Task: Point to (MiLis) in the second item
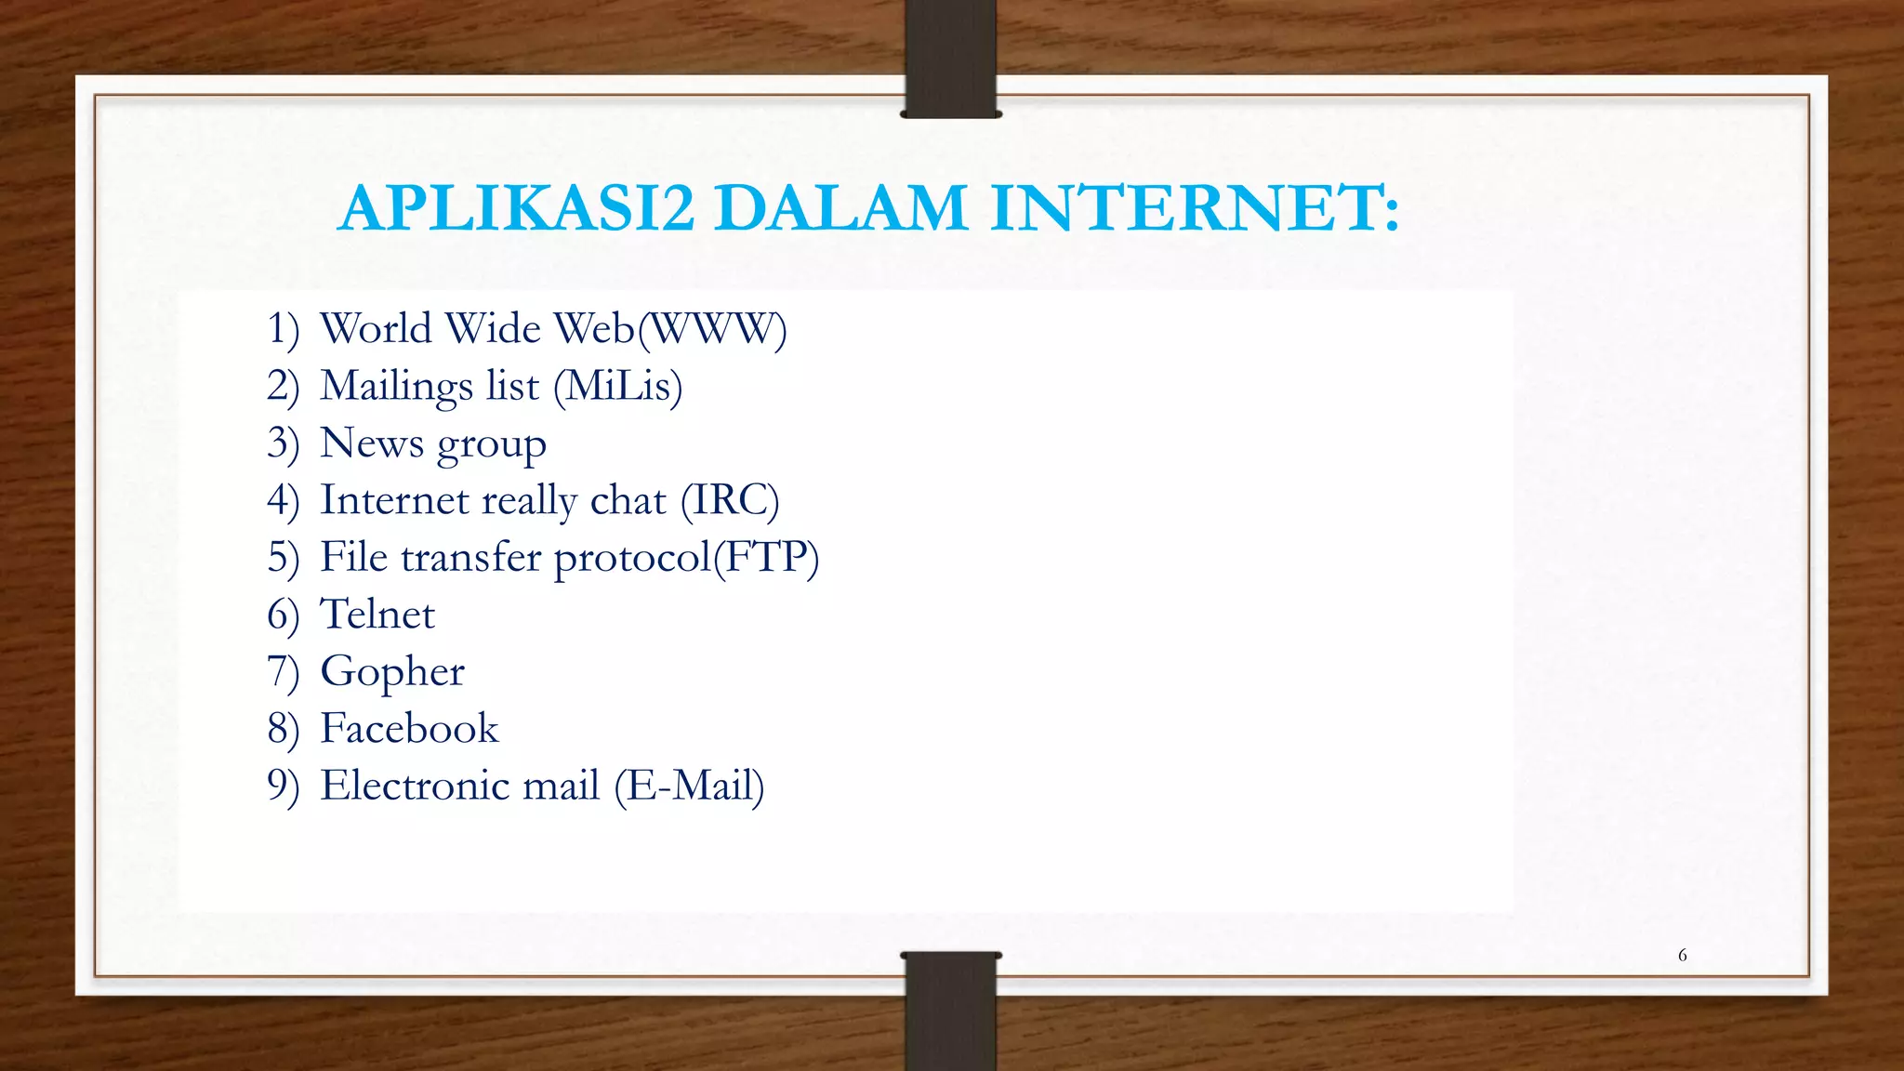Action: pos(617,386)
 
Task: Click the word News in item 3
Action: pos(372,443)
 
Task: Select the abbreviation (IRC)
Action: pos(730,500)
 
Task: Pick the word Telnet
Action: pos(377,615)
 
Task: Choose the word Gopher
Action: pos(392,672)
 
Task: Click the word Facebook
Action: pos(409,729)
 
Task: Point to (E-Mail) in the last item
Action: pos(689,786)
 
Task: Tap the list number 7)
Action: pos(283,672)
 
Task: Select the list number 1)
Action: pos(283,329)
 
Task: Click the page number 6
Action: pos(1682,955)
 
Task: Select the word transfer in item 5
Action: pos(470,557)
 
